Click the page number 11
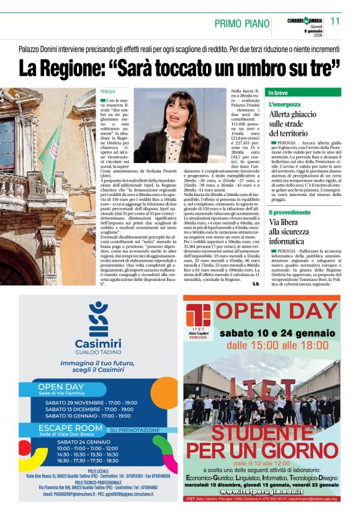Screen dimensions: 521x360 coord(335,21)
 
